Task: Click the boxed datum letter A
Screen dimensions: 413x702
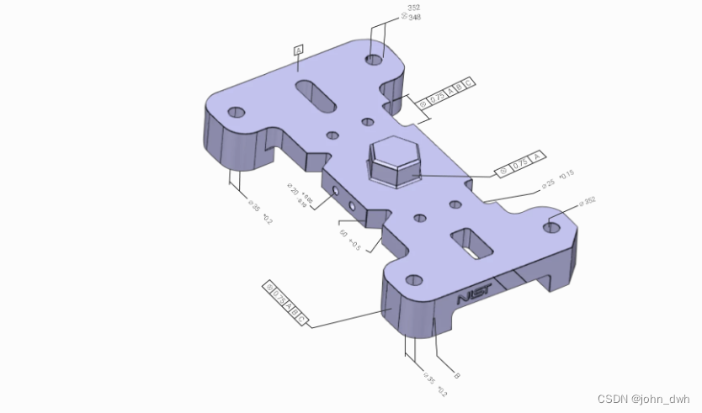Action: [298, 50]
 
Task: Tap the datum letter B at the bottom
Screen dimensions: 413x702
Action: [456, 375]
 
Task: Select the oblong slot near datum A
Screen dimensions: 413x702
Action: [316, 95]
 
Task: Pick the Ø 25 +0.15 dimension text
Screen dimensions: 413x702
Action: [556, 179]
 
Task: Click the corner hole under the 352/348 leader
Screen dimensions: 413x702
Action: [374, 59]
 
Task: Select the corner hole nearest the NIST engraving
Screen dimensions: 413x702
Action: [412, 280]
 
